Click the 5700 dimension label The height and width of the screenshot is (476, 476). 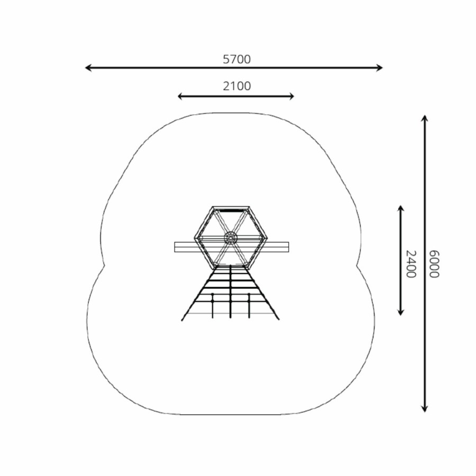tap(237, 59)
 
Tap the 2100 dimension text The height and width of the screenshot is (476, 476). tap(237, 86)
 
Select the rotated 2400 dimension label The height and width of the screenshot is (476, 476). tap(411, 264)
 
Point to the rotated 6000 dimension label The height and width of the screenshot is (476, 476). tap(434, 264)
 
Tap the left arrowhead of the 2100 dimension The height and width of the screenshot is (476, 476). tap(179, 97)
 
